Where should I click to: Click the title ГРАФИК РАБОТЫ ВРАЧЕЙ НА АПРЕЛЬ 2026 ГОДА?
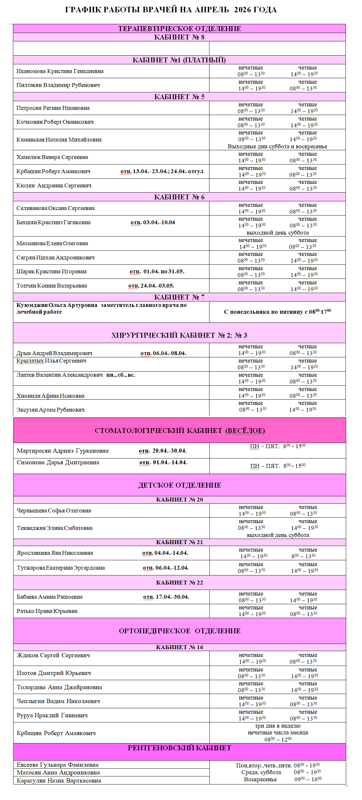(171, 10)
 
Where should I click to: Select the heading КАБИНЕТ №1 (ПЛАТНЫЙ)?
(179, 60)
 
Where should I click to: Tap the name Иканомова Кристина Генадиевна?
(60, 71)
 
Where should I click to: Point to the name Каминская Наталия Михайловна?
(59, 140)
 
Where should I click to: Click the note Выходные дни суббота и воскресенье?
(277, 146)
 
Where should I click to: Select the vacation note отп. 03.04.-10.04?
(153, 222)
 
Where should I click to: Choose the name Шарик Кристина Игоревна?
(51, 271)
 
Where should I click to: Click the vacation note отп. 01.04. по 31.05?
(157, 271)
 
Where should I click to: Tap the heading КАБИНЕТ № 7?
(179, 297)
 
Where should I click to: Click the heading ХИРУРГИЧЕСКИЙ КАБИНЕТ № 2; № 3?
(179, 335)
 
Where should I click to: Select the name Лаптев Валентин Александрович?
(59, 375)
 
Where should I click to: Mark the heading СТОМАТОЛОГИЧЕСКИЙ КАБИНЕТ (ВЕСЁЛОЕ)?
(179, 430)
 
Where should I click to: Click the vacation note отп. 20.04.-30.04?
(163, 451)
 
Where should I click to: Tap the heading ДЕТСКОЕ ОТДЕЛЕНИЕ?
(179, 485)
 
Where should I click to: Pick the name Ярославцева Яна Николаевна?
(55, 553)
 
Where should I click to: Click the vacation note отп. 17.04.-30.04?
(166, 597)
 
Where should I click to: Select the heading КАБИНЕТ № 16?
(179, 647)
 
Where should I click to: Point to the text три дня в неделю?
(278, 726)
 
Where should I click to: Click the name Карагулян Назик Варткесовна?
(59, 780)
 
